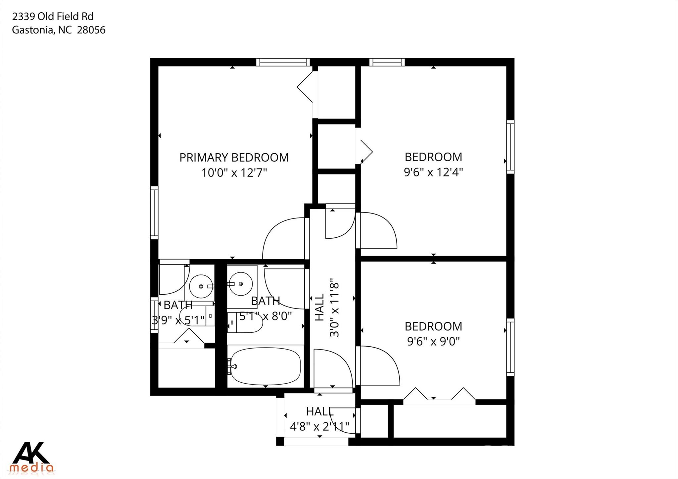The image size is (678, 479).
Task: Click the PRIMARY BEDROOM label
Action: (234, 158)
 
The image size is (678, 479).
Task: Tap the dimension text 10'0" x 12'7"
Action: (234, 173)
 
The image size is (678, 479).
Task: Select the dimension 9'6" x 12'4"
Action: (433, 172)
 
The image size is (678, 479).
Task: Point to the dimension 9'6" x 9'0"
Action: (433, 341)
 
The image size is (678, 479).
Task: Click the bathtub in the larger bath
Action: (266, 366)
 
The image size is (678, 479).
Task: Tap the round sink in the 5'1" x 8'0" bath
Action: (241, 284)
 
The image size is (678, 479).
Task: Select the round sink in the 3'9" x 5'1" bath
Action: (201, 286)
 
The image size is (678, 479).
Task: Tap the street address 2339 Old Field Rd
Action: (53, 16)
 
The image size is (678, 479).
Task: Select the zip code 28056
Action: (91, 30)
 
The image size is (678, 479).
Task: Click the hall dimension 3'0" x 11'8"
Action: (335, 308)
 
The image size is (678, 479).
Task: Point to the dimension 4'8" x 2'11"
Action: (320, 426)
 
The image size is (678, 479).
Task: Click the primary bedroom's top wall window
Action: (283, 62)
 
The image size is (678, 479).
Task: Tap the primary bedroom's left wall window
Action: (154, 213)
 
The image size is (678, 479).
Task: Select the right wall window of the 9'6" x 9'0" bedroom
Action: (510, 347)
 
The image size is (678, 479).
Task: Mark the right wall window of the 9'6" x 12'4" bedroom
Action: (510, 147)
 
